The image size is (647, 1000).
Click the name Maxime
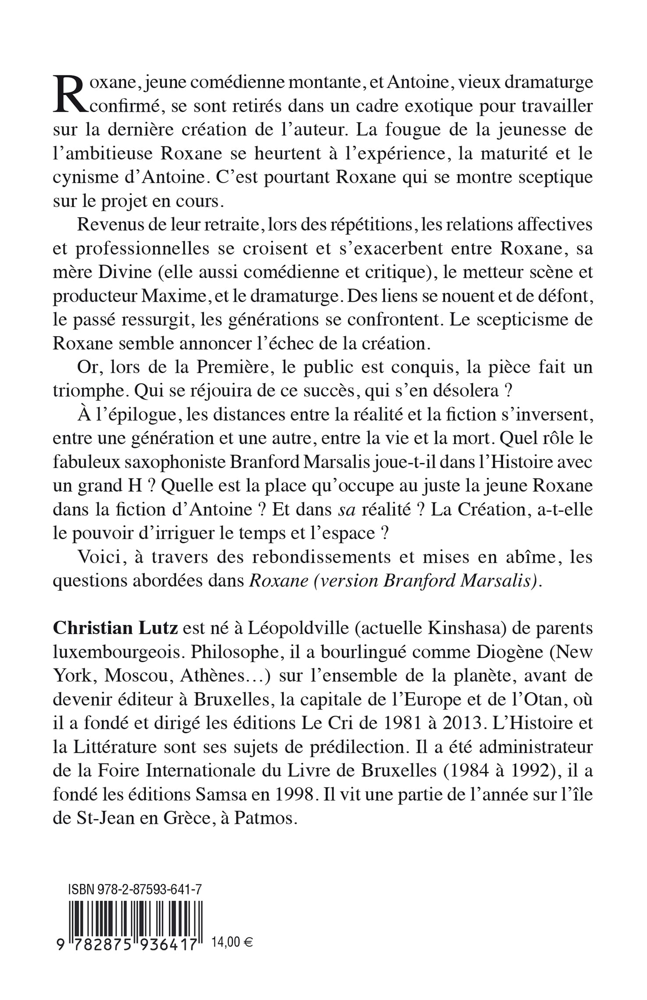[x=175, y=296]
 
